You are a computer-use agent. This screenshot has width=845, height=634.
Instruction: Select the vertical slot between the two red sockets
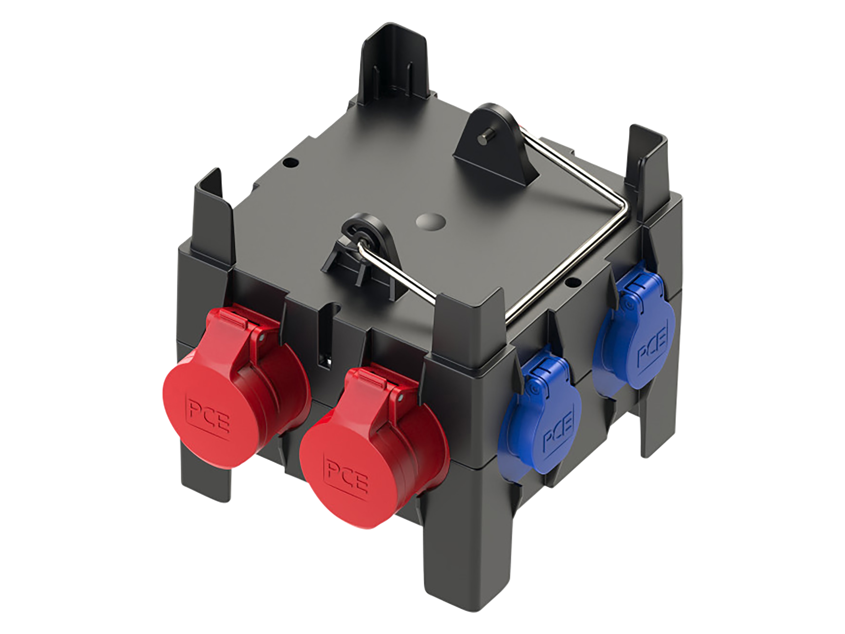(x=324, y=340)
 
